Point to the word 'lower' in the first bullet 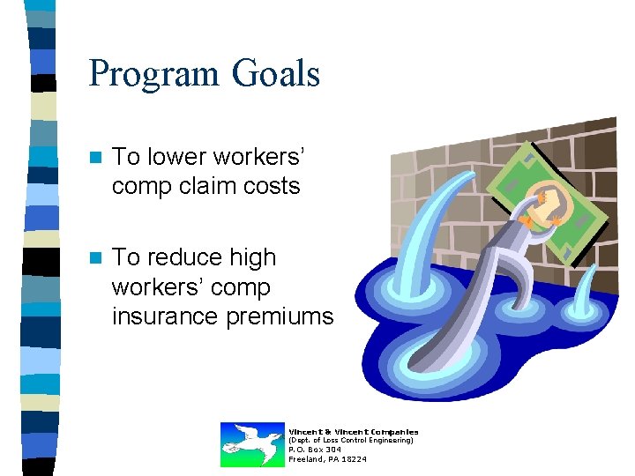click(172, 157)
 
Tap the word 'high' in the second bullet click(252, 257)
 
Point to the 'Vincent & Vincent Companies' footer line click(354, 431)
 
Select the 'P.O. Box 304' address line click(315, 450)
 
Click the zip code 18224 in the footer click(355, 459)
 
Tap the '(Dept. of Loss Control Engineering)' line click(351, 440)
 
